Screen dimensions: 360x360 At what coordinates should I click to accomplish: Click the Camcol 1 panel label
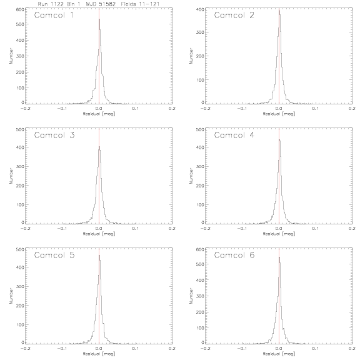(54, 16)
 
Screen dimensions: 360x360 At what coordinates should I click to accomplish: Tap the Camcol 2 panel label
(234, 16)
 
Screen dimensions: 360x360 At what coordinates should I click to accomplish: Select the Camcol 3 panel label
(54, 135)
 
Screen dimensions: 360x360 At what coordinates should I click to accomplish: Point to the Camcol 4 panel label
(234, 135)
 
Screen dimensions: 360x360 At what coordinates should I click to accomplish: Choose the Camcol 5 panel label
(54, 255)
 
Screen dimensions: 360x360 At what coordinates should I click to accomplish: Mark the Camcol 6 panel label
(234, 255)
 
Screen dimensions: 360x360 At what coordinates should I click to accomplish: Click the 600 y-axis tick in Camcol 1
(20, 9)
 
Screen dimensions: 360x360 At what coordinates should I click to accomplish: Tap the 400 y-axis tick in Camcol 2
(200, 9)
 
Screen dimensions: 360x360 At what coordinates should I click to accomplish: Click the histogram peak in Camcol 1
(99, 19)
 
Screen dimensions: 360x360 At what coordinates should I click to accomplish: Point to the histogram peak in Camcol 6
(279, 257)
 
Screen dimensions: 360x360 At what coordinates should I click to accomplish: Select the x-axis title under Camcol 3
(99, 234)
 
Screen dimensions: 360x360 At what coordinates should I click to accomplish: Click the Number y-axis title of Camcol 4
(191, 176)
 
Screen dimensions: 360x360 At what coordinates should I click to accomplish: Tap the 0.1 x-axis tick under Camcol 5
(136, 348)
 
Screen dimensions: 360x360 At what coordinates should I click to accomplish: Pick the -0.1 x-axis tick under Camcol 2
(241, 108)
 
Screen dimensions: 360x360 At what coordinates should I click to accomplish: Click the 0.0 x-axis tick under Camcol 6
(279, 348)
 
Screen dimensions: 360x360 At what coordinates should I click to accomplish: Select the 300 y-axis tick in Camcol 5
(20, 286)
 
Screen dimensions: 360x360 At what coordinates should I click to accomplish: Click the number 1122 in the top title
(56, 4)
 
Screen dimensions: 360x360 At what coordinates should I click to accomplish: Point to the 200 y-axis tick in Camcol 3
(20, 186)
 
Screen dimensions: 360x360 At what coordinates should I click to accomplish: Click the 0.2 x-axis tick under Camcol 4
(352, 229)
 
